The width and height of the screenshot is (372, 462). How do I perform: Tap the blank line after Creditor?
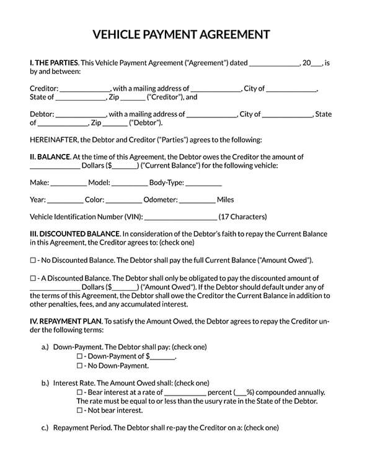point(85,89)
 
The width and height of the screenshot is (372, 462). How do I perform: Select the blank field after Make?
point(68,183)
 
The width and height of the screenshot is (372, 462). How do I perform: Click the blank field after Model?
point(130,183)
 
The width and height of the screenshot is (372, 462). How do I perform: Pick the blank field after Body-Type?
point(203,183)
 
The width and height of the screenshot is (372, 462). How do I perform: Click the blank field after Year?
point(65,201)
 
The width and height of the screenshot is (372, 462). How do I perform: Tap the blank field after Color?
point(123,201)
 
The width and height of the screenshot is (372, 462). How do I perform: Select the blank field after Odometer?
point(197,201)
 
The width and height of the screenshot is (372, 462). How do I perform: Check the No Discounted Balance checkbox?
point(33,260)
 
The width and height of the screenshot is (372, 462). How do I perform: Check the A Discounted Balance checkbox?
point(33,279)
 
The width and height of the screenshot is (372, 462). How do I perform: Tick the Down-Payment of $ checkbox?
point(79,357)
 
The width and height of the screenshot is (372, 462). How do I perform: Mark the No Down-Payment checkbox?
point(79,366)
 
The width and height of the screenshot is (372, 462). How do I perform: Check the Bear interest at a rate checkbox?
point(79,392)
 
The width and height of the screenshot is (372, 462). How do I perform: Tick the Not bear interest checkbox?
point(79,410)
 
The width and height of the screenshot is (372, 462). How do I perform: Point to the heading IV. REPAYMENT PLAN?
point(66,322)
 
